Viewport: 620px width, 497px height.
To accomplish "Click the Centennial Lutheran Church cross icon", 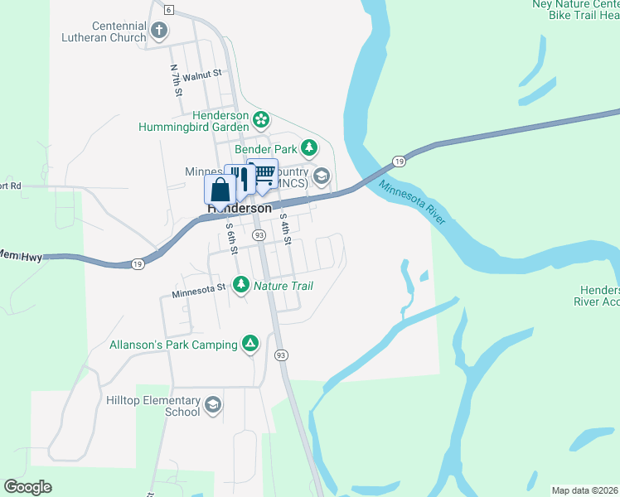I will [x=159, y=31].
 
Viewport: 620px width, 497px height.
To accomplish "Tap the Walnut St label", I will [x=203, y=75].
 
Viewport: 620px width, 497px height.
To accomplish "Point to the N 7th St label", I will [x=176, y=81].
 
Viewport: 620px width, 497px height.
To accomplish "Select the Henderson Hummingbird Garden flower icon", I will [x=261, y=120].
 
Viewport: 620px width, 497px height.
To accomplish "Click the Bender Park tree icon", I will [x=309, y=148].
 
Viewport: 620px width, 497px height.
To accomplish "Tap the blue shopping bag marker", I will [x=220, y=190].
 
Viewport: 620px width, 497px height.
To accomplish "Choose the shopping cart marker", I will [x=264, y=175].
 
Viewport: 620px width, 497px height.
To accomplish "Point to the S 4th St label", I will [x=286, y=229].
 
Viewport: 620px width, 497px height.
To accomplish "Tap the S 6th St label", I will [x=232, y=238].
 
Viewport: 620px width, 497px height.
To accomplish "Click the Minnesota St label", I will [x=199, y=291].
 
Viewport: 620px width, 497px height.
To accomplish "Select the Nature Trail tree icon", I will [x=241, y=286].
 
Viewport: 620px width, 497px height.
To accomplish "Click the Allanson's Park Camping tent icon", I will [x=249, y=343].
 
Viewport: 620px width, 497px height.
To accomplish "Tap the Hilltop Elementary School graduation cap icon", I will [x=212, y=404].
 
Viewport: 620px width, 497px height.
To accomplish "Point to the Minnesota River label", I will [x=413, y=201].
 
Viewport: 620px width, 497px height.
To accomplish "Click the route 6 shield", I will [x=168, y=10].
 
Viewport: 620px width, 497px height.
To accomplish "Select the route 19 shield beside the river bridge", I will [x=400, y=161].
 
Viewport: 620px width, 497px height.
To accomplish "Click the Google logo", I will [x=27, y=487].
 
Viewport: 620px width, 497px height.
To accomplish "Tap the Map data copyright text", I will [x=584, y=490].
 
